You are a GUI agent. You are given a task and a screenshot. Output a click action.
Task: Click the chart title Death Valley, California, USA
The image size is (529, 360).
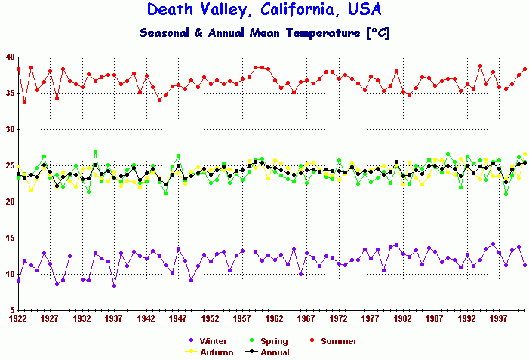tap(264, 10)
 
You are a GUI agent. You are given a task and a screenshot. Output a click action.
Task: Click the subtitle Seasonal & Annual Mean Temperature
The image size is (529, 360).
tap(264, 33)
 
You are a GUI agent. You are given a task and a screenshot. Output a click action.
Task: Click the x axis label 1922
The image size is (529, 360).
tap(18, 318)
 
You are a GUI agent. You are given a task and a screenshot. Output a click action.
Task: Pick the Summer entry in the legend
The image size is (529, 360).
tap(333, 342)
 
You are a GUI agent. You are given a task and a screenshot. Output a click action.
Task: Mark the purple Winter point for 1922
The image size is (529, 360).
tap(18, 281)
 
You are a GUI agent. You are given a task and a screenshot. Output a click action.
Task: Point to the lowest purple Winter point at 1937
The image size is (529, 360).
tap(114, 285)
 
